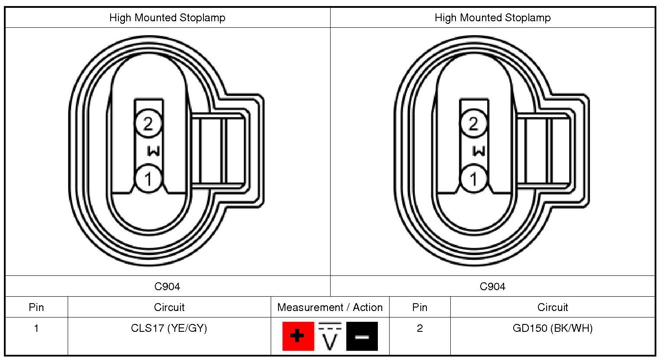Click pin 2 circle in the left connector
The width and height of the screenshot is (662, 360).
click(148, 124)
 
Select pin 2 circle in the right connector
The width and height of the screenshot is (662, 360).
click(473, 124)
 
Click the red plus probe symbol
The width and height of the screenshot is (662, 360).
click(298, 336)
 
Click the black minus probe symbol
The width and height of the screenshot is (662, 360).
click(362, 336)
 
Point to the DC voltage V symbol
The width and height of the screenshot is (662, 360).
click(330, 336)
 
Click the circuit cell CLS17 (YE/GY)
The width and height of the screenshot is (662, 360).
click(169, 328)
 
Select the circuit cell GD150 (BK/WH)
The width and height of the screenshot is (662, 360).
click(552, 328)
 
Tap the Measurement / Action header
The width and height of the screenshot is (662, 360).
click(330, 308)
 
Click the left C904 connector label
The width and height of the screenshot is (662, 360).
click(167, 286)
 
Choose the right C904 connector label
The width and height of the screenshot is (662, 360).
click(492, 286)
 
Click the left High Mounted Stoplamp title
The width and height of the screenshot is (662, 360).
click(167, 18)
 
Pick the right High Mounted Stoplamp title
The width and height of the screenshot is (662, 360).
click(492, 18)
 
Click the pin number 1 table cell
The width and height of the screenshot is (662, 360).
click(36, 328)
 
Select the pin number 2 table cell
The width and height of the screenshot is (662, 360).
click(419, 328)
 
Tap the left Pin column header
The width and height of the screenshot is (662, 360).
click(36, 308)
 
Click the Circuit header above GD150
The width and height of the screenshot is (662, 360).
click(552, 308)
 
